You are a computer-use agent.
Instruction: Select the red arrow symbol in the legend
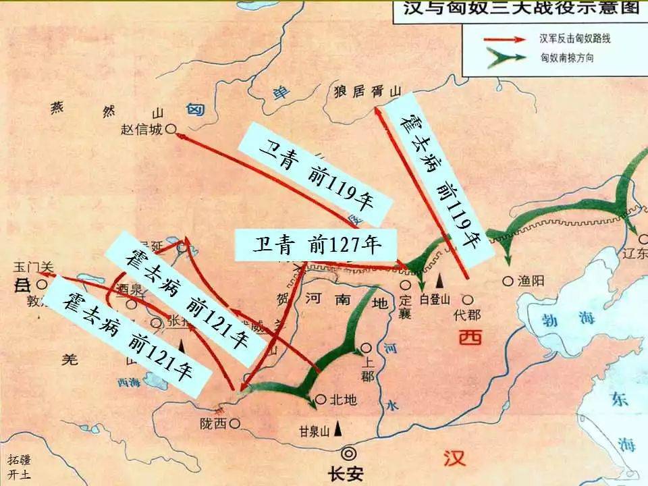pyautogui.click(x=504, y=38)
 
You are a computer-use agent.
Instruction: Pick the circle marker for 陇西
pyautogui.click(x=235, y=423)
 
